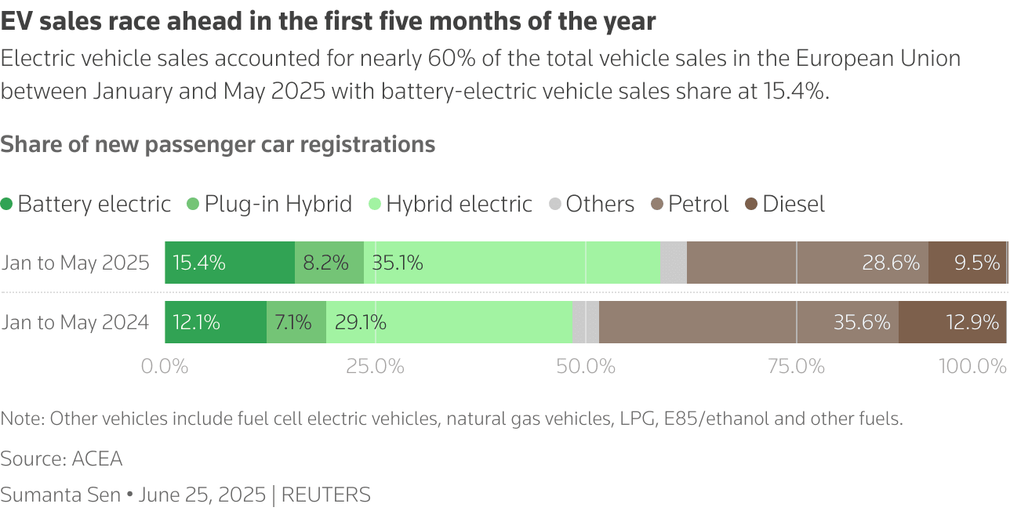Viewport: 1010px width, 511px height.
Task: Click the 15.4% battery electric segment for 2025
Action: tap(230, 263)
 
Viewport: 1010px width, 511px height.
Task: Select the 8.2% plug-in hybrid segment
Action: tap(329, 263)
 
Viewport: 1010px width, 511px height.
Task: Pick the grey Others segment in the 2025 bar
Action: tap(674, 263)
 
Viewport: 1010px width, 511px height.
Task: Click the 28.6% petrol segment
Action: tap(808, 263)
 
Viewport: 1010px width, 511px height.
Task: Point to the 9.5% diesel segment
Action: tap(967, 263)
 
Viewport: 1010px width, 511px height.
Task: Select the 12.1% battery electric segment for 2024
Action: tap(216, 322)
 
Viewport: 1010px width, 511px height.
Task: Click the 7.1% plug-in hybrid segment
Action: tap(296, 322)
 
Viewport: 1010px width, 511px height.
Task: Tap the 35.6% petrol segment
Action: tap(749, 322)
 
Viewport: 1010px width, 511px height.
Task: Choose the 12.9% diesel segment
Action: tap(953, 322)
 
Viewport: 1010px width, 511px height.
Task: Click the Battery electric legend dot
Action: tap(7, 205)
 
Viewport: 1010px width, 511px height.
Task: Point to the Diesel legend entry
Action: tap(785, 205)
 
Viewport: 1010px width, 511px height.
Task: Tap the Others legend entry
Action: tap(591, 205)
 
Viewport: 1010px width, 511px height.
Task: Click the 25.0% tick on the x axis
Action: tap(376, 366)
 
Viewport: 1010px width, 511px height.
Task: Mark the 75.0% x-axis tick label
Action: tap(796, 366)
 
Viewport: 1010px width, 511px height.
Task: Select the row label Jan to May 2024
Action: tap(75, 322)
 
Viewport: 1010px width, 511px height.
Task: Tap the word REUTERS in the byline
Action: tap(325, 495)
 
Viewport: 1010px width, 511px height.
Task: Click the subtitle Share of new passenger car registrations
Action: tap(218, 144)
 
